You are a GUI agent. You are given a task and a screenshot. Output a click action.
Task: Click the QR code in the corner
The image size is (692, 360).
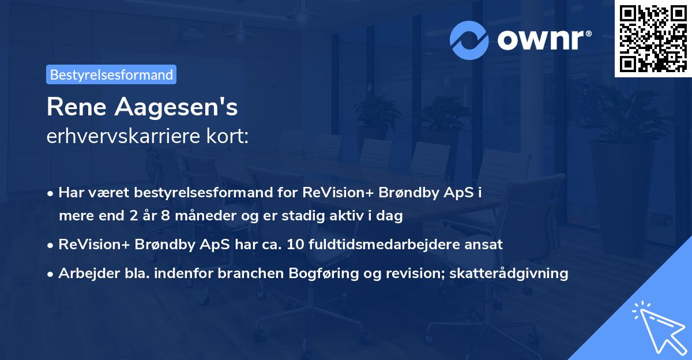[653, 39]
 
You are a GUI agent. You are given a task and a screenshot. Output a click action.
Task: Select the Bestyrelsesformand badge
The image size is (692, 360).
[111, 74]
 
